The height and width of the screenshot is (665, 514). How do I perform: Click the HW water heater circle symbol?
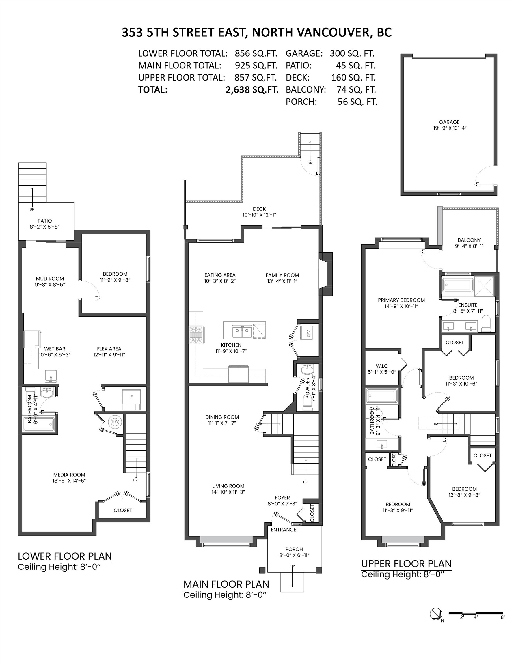pyautogui.click(x=115, y=422)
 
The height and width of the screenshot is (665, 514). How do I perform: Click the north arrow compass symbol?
pyautogui.click(x=436, y=614)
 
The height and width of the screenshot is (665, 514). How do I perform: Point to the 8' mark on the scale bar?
pyautogui.click(x=502, y=617)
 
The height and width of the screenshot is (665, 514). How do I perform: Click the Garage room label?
pyautogui.click(x=449, y=122)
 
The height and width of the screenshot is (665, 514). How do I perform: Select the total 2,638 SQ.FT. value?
pyautogui.click(x=252, y=90)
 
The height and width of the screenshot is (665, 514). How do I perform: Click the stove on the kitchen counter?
pyautogui.click(x=196, y=334)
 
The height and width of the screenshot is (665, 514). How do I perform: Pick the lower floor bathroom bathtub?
pyautogui.click(x=39, y=425)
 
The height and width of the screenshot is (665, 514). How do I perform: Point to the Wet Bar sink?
pyautogui.click(x=51, y=376)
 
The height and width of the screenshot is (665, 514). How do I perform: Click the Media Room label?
pyautogui.click(x=69, y=475)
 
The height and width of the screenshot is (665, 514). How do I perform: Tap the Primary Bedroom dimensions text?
pyautogui.click(x=401, y=306)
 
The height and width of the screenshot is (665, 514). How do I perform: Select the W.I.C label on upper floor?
pyautogui.click(x=382, y=366)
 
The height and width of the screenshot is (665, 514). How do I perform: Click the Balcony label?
pyautogui.click(x=469, y=240)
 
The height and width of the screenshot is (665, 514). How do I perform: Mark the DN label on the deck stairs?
pyautogui.click(x=310, y=163)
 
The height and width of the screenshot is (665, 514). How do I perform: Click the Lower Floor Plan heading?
pyautogui.click(x=65, y=556)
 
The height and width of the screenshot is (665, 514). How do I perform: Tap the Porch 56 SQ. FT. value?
pyautogui.click(x=357, y=102)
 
